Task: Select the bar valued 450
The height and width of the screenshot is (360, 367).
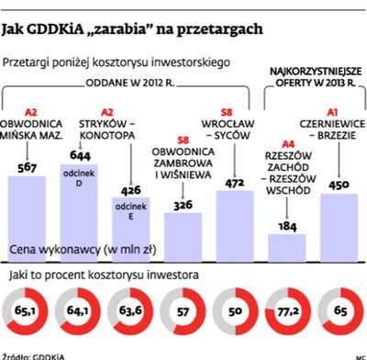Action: point(339,225)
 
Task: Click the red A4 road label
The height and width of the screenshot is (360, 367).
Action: point(287,144)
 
